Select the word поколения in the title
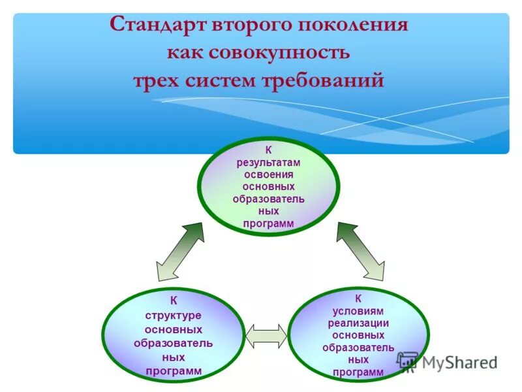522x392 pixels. pyautogui.click(x=353, y=25)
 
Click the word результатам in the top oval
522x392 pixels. pyautogui.click(x=268, y=163)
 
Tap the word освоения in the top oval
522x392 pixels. pyautogui.click(x=268, y=174)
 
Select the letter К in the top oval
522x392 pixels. pyautogui.click(x=268, y=150)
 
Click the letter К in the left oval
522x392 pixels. pyautogui.click(x=174, y=301)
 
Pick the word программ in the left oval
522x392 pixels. pyautogui.click(x=173, y=372)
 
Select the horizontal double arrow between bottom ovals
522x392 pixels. pyautogui.click(x=266, y=335)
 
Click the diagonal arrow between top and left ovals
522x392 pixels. pyautogui.click(x=180, y=252)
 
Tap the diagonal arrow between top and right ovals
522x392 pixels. pyautogui.click(x=361, y=251)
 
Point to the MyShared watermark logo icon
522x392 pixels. pyautogui.click(x=408, y=361)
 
